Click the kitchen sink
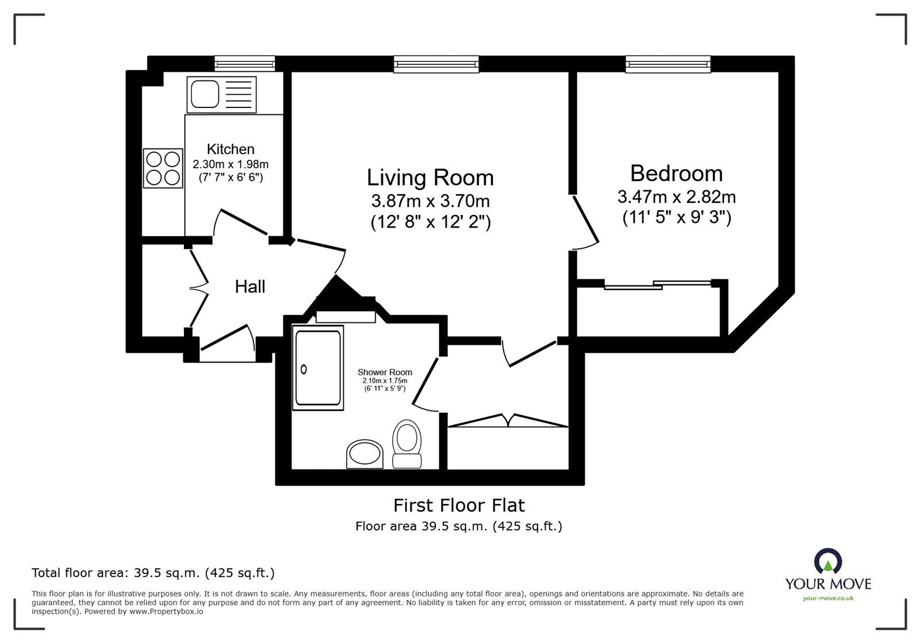click(205, 94)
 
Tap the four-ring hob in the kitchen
click(163, 168)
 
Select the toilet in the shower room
click(407, 443)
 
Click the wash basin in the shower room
click(365, 454)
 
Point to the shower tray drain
click(304, 369)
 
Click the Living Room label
click(430, 178)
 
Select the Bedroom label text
click(676, 173)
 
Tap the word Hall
click(250, 286)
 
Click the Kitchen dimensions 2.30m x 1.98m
click(231, 164)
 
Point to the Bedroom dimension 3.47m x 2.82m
click(676, 197)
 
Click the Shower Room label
click(385, 372)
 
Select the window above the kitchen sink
click(244, 63)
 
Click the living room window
click(436, 64)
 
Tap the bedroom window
click(668, 64)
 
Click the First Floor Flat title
click(459, 505)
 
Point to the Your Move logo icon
click(828, 561)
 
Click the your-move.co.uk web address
click(828, 599)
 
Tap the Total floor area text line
click(153, 573)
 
